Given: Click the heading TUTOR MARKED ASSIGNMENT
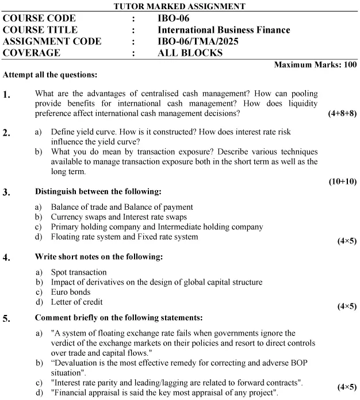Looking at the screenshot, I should click(x=179, y=6).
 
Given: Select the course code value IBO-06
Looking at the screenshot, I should click(x=173, y=18).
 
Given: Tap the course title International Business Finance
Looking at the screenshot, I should click(x=224, y=30).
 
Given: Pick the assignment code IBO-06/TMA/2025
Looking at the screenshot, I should click(x=198, y=41).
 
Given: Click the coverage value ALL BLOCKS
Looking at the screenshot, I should click(x=190, y=53).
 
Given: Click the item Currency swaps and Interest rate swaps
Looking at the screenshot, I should click(x=118, y=217).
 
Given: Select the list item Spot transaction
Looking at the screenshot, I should click(x=79, y=272).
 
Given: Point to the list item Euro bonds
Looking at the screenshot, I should click(x=71, y=292).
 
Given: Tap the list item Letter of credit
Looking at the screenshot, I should click(x=77, y=302).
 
